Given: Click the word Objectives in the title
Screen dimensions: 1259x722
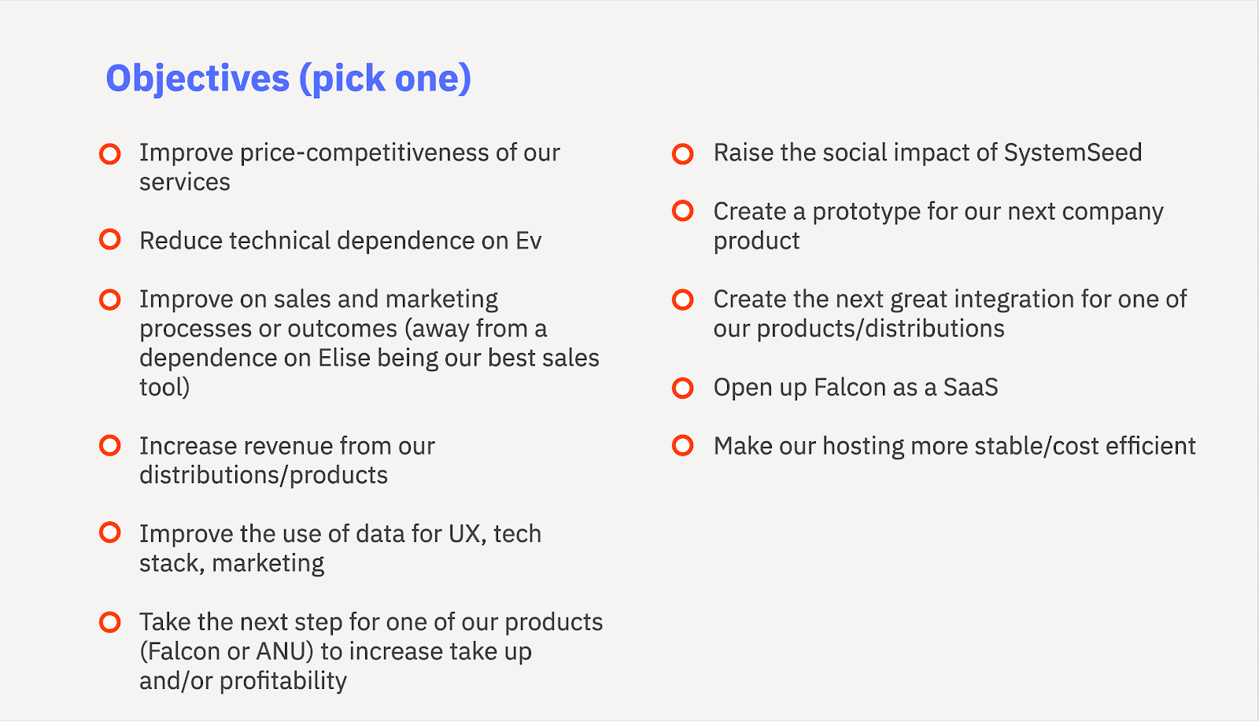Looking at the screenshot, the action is tap(198, 79).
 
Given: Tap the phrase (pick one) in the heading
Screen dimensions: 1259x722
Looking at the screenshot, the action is tap(386, 79).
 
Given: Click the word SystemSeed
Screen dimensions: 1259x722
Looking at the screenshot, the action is tap(1073, 153).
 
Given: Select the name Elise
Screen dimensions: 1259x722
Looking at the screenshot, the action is tap(344, 358).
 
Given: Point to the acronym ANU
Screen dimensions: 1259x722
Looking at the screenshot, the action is tap(284, 651).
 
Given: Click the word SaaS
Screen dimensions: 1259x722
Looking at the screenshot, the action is tap(971, 387).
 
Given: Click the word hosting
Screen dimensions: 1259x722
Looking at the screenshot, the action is tap(862, 447).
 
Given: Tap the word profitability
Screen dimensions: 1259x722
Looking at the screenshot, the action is tap(283, 681).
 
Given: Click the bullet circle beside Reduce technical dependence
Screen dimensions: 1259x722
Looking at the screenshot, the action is tap(110, 239).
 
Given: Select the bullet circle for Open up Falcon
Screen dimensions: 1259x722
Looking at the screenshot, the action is tap(683, 388).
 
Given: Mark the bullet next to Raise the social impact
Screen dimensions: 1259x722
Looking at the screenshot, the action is tap(683, 153).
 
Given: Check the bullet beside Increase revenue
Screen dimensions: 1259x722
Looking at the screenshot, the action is tap(110, 446).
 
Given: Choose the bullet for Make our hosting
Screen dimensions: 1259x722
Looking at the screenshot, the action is tap(683, 446).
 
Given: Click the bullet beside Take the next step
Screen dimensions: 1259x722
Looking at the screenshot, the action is tap(110, 622).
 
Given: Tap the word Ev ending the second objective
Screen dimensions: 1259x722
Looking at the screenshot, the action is tap(528, 241).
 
